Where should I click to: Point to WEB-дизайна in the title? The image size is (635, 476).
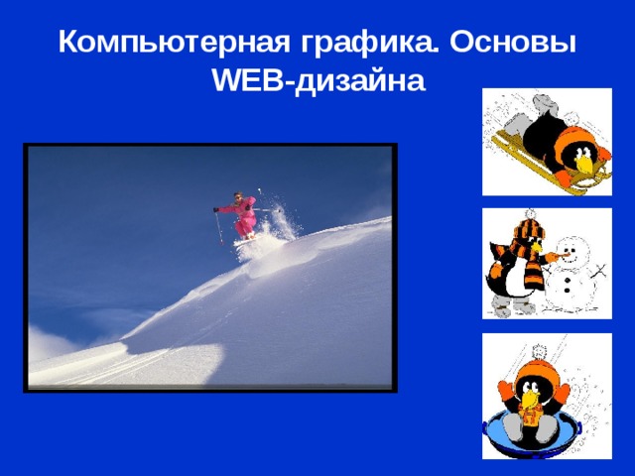(317, 81)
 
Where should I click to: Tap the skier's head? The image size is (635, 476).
(237, 196)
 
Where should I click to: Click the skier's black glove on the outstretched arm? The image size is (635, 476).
(216, 210)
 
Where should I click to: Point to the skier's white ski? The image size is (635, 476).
(246, 238)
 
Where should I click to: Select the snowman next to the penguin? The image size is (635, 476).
(571, 273)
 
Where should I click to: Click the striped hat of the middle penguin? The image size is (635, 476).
(528, 233)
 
